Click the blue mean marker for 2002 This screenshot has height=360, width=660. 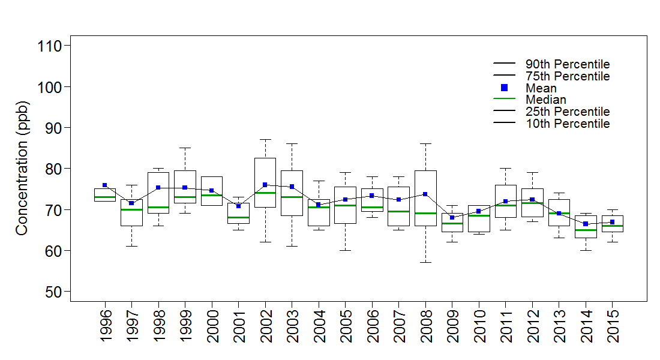(x=265, y=185)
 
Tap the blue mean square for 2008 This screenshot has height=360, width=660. (x=425, y=194)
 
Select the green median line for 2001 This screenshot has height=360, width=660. (x=238, y=217)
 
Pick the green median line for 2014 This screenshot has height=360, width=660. (x=586, y=230)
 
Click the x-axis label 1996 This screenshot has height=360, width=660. (x=105, y=326)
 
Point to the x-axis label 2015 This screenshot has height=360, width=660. (x=612, y=326)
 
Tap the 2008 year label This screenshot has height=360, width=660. (x=425, y=326)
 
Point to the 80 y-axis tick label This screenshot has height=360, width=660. (x=50, y=169)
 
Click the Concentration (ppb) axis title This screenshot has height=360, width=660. (x=22, y=169)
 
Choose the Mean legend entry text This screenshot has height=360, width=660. (x=541, y=88)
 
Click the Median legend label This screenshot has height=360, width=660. (x=546, y=100)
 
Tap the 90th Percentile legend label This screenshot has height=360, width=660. (x=568, y=64)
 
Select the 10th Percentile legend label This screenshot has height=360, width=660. (x=568, y=124)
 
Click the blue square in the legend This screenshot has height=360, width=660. (x=505, y=88)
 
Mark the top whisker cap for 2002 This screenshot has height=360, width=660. (x=265, y=139)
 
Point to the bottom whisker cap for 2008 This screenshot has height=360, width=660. (x=425, y=262)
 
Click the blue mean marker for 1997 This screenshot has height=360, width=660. (x=131, y=203)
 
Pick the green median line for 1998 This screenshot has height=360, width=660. (x=158, y=207)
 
